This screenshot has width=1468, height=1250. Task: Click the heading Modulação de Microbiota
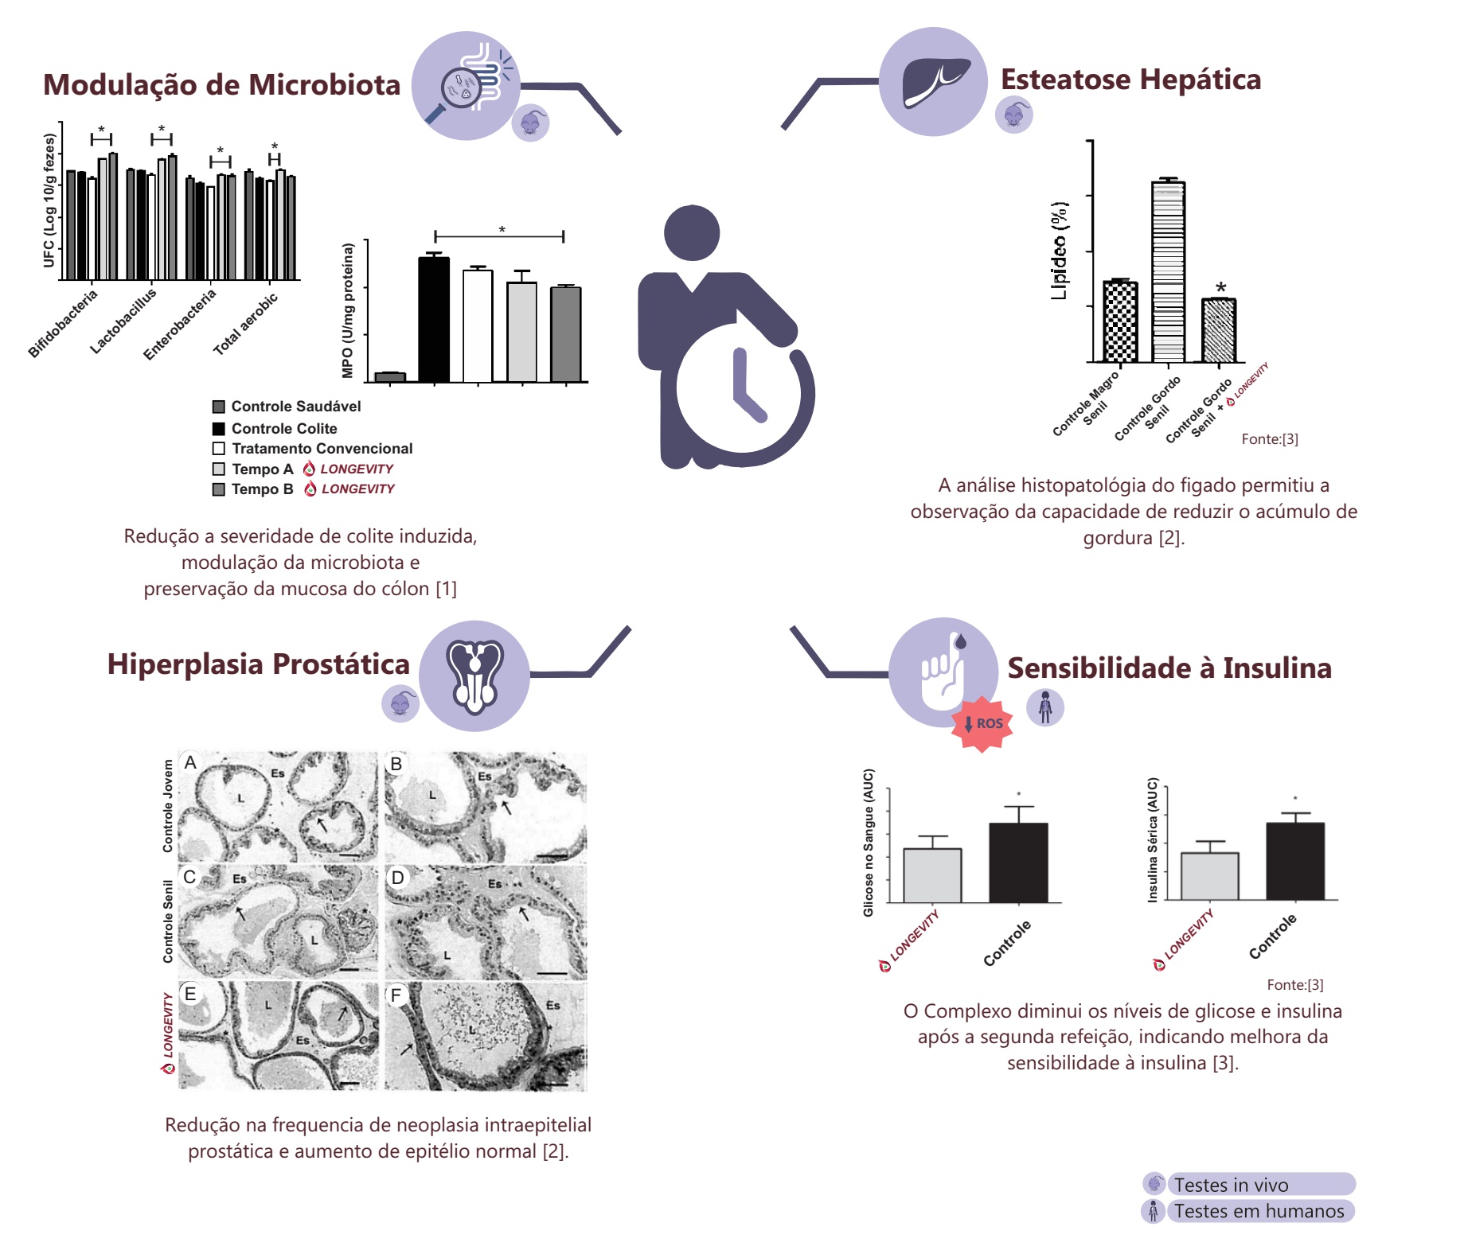pyautogui.click(x=221, y=85)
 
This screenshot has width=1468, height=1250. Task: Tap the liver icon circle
pyautogui.click(x=933, y=81)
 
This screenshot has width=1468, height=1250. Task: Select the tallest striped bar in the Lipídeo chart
pyautogui.click(x=1168, y=271)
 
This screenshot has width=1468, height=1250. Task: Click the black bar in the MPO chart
pyautogui.click(x=434, y=318)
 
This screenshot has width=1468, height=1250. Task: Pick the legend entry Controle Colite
pyautogui.click(x=283, y=428)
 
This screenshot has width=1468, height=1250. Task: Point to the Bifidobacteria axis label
pyautogui.click(x=63, y=324)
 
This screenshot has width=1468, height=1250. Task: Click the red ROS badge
pyautogui.click(x=983, y=723)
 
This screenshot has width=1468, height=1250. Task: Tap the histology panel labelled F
pyautogui.click(x=486, y=1036)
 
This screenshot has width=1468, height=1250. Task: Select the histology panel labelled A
pyautogui.click(x=278, y=806)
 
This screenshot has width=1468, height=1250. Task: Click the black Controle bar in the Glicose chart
pyautogui.click(x=1018, y=863)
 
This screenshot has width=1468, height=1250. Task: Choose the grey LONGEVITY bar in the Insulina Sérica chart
pyautogui.click(x=1209, y=876)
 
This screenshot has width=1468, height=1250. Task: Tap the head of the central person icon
pyautogui.click(x=692, y=233)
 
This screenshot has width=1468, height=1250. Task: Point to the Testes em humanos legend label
pyautogui.click(x=1259, y=1211)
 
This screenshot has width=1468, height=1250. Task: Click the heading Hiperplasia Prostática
pyautogui.click(x=258, y=664)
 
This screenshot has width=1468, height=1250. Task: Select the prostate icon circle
pyautogui.click(x=474, y=676)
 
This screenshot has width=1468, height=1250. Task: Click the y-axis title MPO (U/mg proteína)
pyautogui.click(x=347, y=310)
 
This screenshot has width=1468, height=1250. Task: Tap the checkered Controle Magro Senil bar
pyautogui.click(x=1120, y=321)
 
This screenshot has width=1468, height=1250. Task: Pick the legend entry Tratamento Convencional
pyautogui.click(x=322, y=448)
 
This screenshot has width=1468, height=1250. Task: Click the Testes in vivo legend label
pyautogui.click(x=1231, y=1185)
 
